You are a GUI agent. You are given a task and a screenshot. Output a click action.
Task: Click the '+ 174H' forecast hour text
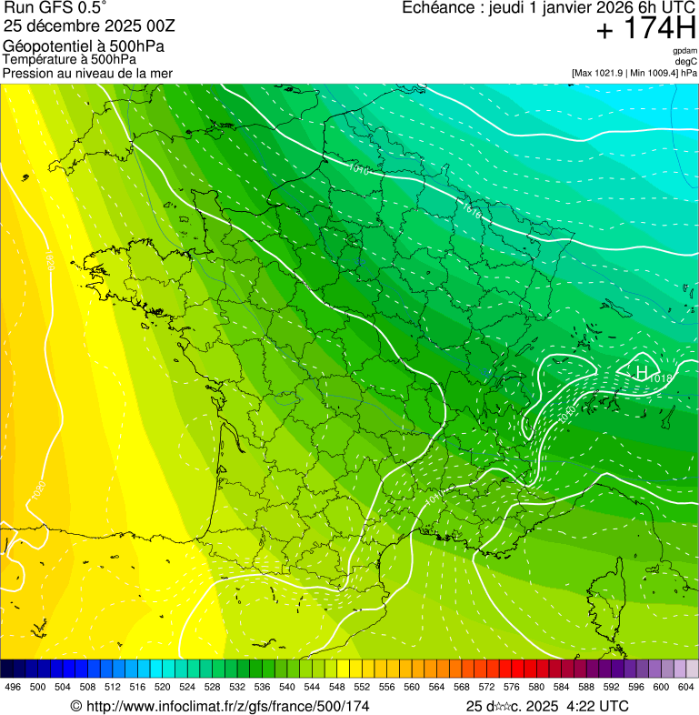click(x=645, y=29)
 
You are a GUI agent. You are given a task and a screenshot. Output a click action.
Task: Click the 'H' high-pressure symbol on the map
click(x=642, y=373)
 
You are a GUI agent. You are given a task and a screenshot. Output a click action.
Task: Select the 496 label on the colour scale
click(x=13, y=688)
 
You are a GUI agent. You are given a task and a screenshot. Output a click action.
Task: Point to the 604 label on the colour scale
click(x=686, y=688)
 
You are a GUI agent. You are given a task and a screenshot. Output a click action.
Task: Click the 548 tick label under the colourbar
click(x=336, y=688)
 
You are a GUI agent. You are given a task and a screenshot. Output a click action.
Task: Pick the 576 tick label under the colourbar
click(x=512, y=688)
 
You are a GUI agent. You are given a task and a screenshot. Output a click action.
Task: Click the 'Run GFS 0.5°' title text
click(x=55, y=8)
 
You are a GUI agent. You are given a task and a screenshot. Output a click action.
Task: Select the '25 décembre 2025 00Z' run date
click(x=95, y=25)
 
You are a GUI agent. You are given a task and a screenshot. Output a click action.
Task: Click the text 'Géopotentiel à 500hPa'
click(x=84, y=46)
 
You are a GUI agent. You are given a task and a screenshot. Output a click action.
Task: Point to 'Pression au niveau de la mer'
click(x=87, y=73)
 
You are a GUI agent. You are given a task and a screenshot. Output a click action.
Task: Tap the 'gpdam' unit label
click(x=684, y=52)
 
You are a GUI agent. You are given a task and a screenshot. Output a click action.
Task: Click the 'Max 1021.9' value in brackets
click(x=604, y=73)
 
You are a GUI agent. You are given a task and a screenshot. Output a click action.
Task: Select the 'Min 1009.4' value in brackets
click(x=658, y=73)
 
